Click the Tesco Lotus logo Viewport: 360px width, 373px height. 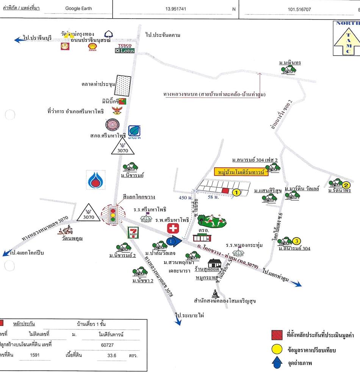click(125, 48)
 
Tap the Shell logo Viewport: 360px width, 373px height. click(92, 47)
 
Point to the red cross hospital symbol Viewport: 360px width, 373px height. click(174, 229)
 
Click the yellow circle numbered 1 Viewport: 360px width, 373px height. click(236, 193)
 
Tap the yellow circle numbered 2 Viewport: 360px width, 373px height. click(346, 185)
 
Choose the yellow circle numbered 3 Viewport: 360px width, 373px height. click(297, 240)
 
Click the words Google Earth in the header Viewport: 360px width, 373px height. click(78, 8)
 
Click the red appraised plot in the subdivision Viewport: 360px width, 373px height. click(225, 190)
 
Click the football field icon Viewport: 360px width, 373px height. click(213, 220)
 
